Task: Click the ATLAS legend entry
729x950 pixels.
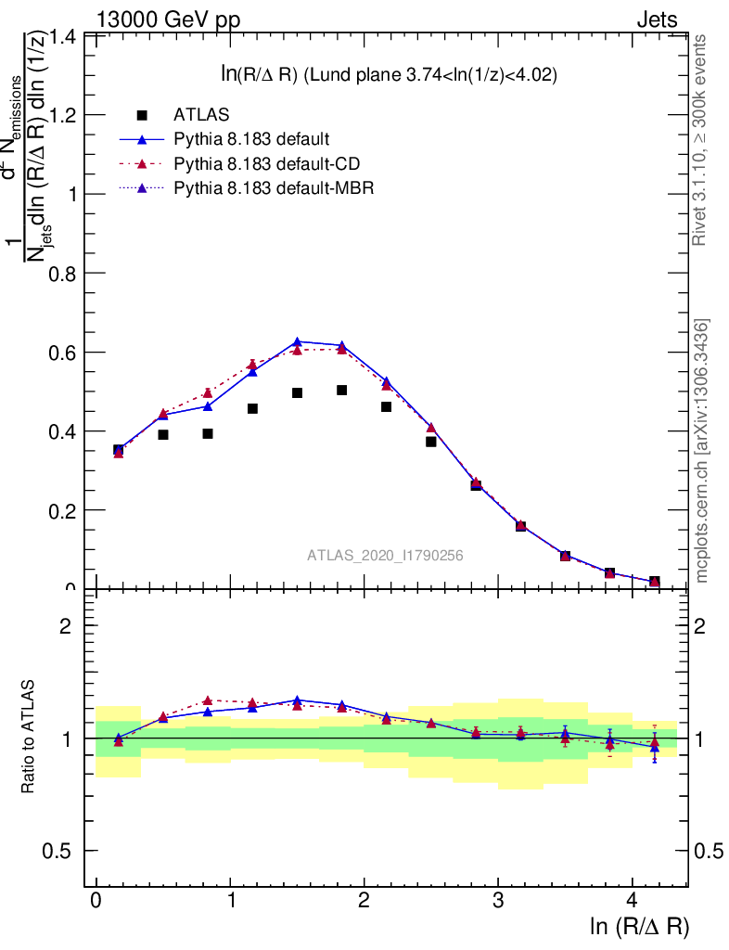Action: [x=201, y=115]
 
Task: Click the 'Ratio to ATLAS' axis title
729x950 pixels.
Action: [x=29, y=738]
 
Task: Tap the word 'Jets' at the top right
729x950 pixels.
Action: [x=656, y=19]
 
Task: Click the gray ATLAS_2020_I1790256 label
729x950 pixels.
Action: [x=385, y=555]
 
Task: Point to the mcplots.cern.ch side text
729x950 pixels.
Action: [x=703, y=451]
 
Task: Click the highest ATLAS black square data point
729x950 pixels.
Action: [x=341, y=391]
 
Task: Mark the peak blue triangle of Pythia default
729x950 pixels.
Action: [x=297, y=342]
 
